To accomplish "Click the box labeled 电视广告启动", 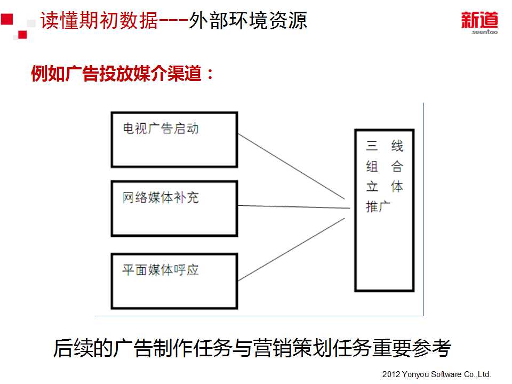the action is point(174,139).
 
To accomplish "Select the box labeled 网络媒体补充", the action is point(174,209).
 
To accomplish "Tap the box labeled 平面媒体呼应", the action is point(174,281).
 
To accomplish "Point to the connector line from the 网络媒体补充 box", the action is point(293,206).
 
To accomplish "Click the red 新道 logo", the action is point(479,20).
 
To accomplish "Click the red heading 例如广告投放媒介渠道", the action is point(122,74).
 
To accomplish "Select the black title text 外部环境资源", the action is point(248,21).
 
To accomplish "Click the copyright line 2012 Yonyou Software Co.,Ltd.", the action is point(436,374).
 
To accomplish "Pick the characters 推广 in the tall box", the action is point(379,206).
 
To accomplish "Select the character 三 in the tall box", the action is point(372,146).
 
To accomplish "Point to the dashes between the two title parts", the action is point(173,21).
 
